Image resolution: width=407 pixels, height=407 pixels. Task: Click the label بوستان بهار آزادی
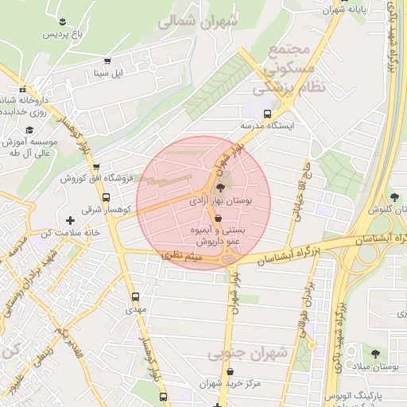pos(220,203)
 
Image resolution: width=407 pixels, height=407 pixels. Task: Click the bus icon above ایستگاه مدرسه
pos(266,113)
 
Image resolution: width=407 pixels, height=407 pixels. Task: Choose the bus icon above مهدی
pos(134,297)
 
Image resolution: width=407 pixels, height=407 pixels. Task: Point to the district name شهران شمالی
pos(197,21)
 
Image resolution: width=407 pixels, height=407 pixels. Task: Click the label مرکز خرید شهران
pos(231,383)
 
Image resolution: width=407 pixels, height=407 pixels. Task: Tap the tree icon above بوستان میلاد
pos(374,353)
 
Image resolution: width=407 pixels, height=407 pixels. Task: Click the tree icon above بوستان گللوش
pos(396,196)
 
